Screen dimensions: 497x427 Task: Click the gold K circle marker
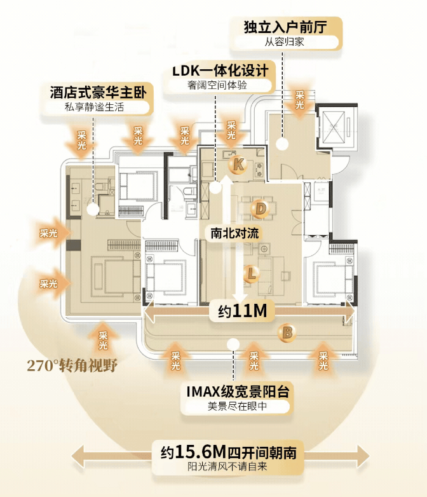pos(238,165)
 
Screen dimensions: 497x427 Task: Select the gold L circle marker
pos(252,274)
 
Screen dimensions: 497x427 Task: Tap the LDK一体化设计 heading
pos(219,70)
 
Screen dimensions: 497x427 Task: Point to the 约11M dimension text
pos(241,311)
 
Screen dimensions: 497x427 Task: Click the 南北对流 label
pos(235,233)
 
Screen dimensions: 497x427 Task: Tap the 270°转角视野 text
pos(72,365)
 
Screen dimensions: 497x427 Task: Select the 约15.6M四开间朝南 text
pos(228,453)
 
